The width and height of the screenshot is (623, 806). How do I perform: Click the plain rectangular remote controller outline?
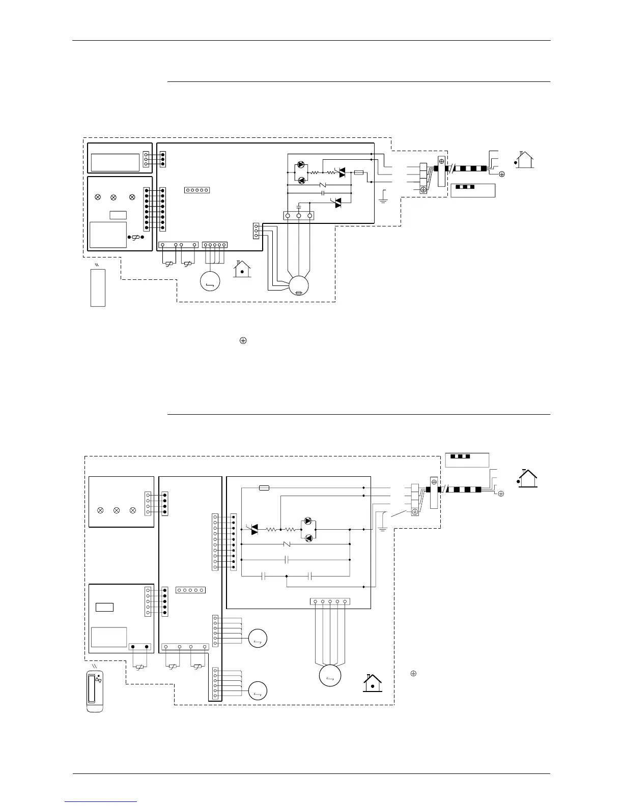click(98, 287)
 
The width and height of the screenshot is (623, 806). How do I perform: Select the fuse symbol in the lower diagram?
click(264, 487)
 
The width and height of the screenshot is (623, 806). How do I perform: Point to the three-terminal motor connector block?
click(298, 216)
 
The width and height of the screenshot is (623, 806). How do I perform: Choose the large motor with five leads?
click(330, 676)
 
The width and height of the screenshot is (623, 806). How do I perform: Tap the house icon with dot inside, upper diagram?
click(242, 269)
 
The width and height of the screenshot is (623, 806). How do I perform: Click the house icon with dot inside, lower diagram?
click(373, 683)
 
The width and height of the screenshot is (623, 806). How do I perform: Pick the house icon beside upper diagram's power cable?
click(524, 160)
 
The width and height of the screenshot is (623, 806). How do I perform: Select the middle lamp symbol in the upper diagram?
click(114, 196)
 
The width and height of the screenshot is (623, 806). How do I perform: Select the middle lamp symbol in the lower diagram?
click(117, 510)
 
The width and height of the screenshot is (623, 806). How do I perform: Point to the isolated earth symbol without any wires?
click(243, 341)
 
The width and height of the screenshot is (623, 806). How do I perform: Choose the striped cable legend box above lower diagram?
click(467, 459)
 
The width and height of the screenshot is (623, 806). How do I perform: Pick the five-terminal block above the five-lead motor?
click(330, 601)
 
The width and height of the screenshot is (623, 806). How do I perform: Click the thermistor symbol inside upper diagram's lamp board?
click(136, 237)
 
